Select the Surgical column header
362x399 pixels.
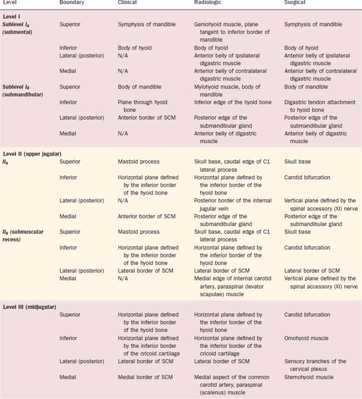click(x=295, y=3)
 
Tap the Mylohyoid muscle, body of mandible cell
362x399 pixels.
click(x=227, y=91)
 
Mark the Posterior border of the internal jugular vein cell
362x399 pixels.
click(x=233, y=204)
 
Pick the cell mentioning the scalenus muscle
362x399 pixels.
click(x=232, y=385)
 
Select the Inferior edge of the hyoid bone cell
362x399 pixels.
click(x=232, y=102)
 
